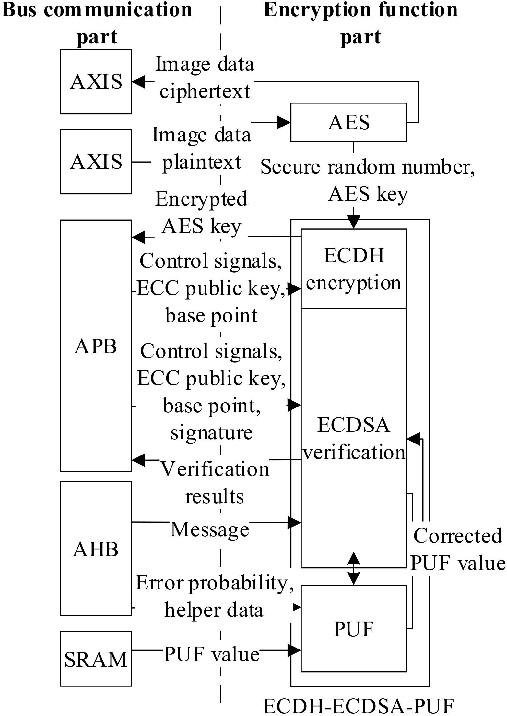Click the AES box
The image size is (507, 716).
[348, 122]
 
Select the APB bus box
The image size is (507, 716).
[96, 346]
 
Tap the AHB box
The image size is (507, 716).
[96, 549]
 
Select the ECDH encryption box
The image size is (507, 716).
[353, 269]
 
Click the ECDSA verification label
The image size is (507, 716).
[353, 438]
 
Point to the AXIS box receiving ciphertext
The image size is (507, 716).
[96, 81]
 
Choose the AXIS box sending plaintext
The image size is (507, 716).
[96, 162]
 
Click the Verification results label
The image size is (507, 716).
[215, 482]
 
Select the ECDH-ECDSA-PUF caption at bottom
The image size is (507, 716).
[358, 706]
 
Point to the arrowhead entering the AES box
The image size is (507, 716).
[285, 122]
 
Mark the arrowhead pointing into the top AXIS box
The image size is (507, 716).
[138, 82]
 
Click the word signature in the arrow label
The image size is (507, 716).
[212, 432]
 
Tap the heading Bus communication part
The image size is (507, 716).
[97, 23]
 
